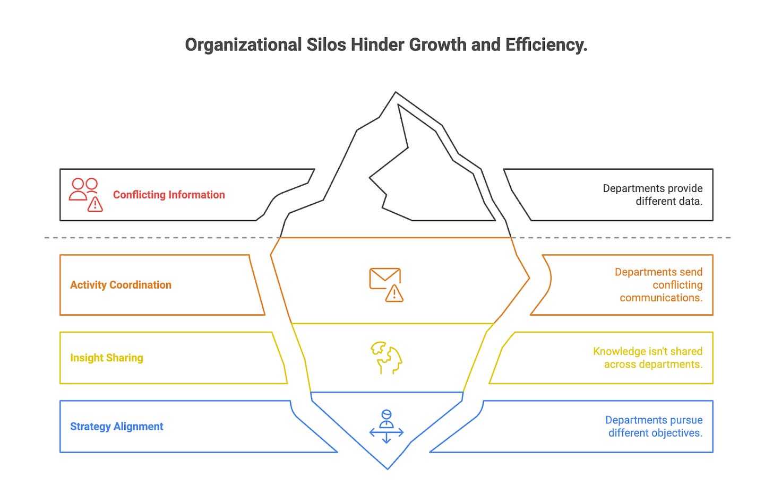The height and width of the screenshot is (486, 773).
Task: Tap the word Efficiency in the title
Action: (546, 45)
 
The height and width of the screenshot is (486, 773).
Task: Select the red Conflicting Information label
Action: (169, 195)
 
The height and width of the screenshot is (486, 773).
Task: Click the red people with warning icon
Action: (86, 195)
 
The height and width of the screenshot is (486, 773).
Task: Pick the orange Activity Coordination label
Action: (121, 285)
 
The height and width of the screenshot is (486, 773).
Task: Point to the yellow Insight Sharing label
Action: (107, 358)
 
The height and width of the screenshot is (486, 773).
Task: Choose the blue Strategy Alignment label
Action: (116, 427)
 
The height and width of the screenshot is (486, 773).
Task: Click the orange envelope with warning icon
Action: (386, 285)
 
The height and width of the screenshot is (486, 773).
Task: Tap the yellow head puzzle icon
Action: (386, 358)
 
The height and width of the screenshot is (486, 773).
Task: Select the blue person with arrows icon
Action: (386, 427)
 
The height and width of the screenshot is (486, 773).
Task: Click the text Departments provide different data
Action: (652, 195)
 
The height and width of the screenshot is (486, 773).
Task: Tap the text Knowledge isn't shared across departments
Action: (648, 358)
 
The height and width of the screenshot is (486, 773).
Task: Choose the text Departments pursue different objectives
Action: (654, 427)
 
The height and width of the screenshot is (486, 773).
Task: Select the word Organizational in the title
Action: (243, 45)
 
